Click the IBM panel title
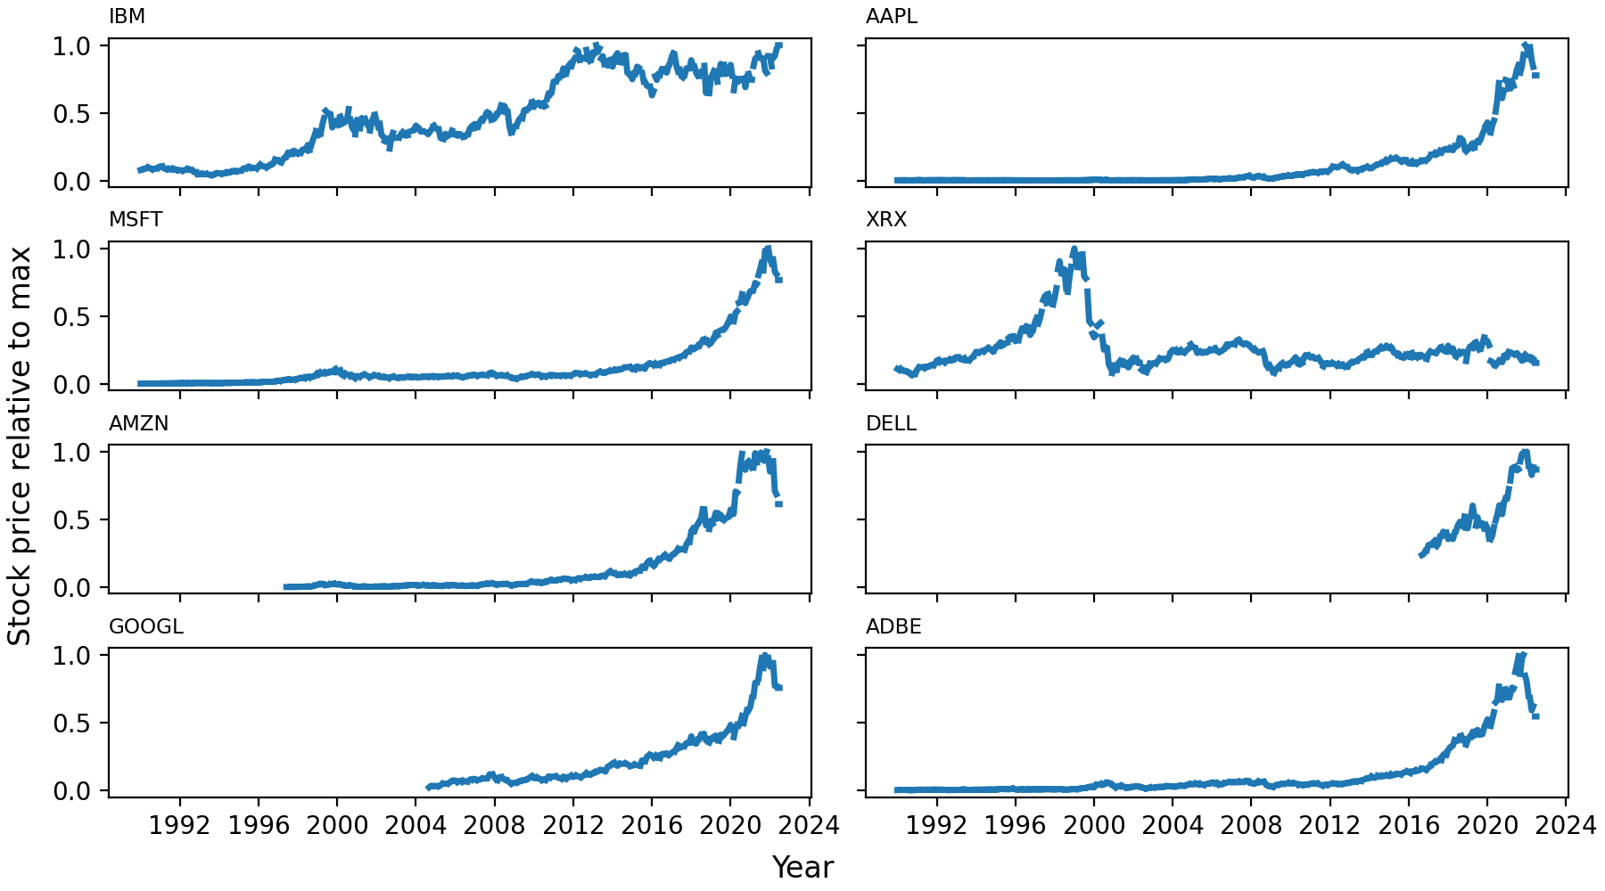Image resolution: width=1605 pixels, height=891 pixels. click(127, 17)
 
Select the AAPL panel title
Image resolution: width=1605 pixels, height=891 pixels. click(891, 17)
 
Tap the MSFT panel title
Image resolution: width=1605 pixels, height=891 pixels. click(136, 220)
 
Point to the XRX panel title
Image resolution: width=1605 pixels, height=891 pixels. click(885, 220)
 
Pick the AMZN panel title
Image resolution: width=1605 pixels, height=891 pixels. click(138, 423)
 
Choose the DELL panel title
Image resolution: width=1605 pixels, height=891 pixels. click(891, 423)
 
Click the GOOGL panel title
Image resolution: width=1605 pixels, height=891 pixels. click(145, 626)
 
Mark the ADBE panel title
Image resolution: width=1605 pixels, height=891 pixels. click(893, 626)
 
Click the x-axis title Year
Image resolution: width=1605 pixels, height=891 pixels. click(802, 867)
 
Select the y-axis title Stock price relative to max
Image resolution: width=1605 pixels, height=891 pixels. click(20, 445)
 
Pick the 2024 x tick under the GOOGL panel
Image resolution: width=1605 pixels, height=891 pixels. click(809, 826)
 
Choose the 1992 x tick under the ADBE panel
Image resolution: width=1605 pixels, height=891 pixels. click(936, 826)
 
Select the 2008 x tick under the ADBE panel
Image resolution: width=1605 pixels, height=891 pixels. click(1251, 826)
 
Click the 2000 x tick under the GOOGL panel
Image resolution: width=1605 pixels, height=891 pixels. click(337, 826)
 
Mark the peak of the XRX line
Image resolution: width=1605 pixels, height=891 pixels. click(1074, 249)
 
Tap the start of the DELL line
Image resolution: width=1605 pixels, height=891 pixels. click(1420, 555)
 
